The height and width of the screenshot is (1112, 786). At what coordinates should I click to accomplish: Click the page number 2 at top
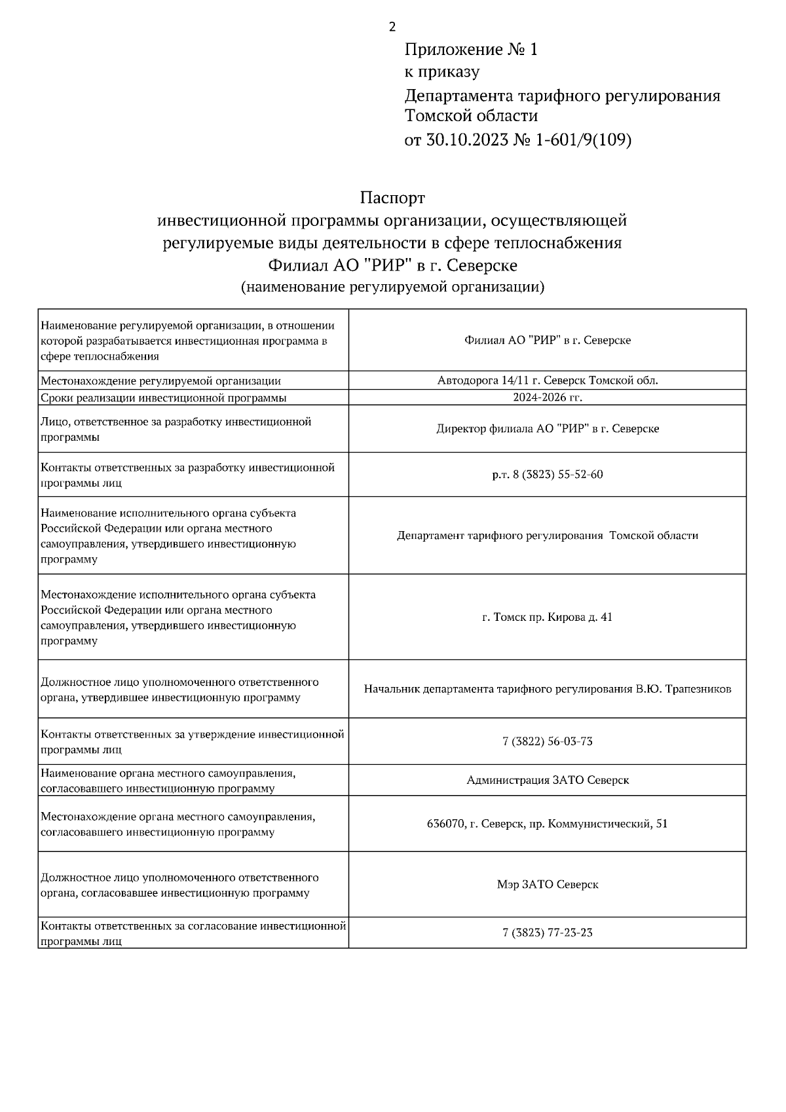click(392, 27)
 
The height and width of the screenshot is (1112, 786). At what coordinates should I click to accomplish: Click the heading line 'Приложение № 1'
click(471, 50)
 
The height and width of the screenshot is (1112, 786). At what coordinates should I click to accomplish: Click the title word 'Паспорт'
click(392, 197)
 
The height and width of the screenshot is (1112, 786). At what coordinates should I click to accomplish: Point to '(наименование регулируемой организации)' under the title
click(392, 287)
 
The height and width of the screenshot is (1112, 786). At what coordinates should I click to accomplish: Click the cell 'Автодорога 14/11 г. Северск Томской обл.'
click(548, 380)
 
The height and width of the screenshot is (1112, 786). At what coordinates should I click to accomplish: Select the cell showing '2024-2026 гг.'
click(548, 398)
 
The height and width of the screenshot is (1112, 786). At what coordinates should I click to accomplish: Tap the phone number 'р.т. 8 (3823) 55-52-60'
click(548, 475)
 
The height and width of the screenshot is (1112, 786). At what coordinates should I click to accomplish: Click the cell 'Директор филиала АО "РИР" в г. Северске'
click(548, 429)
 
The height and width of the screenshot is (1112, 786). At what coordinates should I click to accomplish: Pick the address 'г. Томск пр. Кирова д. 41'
click(548, 617)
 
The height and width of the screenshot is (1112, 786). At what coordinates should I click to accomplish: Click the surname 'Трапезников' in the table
click(698, 689)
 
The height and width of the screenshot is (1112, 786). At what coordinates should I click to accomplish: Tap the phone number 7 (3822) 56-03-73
click(548, 741)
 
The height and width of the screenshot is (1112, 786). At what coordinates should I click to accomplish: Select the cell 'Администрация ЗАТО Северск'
click(548, 780)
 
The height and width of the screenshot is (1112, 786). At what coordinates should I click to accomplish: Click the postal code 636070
click(446, 824)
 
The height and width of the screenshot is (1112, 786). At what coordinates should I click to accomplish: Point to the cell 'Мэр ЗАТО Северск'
click(548, 885)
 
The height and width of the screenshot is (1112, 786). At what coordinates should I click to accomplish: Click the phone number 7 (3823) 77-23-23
click(548, 933)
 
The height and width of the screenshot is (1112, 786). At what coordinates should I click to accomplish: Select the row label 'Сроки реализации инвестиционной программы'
click(164, 398)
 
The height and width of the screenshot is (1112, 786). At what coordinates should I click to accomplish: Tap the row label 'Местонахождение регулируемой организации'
click(161, 380)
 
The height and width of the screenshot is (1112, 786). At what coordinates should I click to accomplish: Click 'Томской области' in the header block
click(471, 117)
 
